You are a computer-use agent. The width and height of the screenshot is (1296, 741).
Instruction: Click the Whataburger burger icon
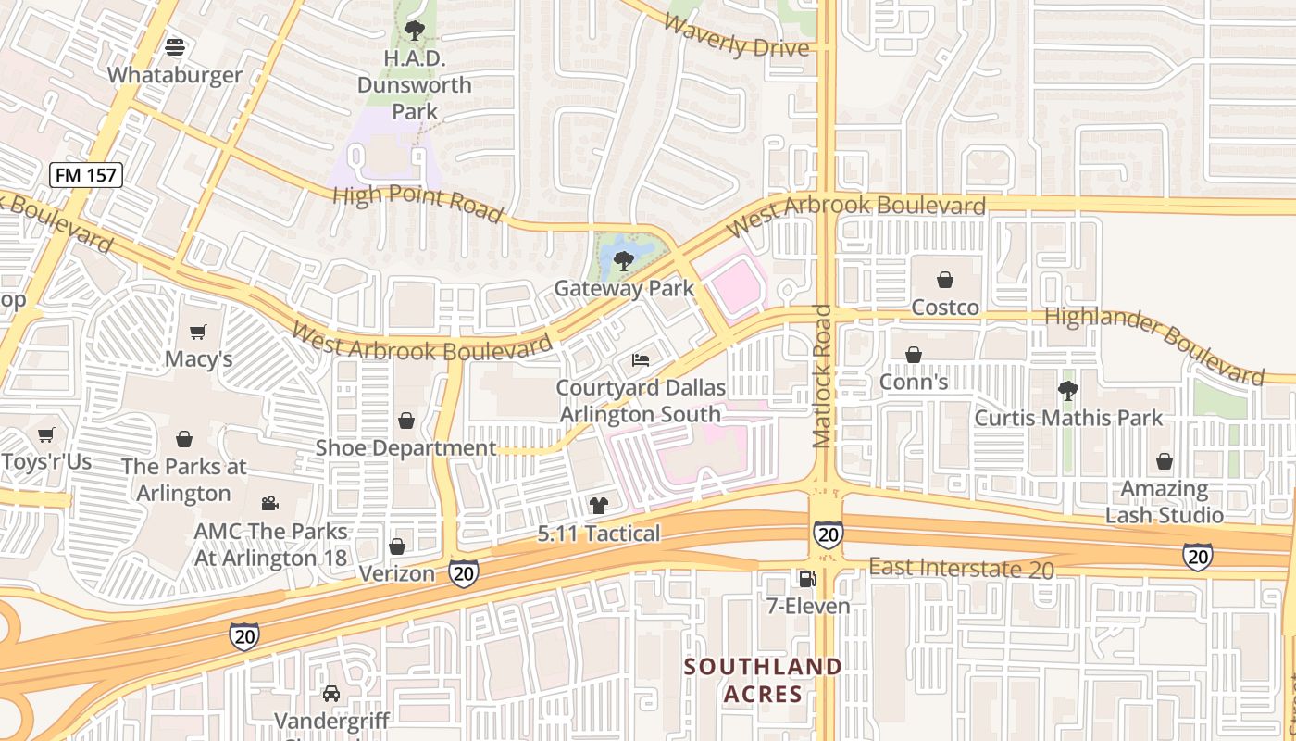click(x=175, y=46)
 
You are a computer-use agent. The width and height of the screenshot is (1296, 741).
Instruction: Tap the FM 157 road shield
click(x=86, y=174)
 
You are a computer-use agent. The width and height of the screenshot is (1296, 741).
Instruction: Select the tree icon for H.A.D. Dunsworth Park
click(x=414, y=31)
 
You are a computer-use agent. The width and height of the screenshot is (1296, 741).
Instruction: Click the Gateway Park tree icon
click(x=624, y=260)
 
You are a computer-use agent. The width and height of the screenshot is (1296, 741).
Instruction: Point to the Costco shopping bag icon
click(x=944, y=279)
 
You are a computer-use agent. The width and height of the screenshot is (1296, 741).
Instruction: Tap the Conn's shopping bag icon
click(x=913, y=355)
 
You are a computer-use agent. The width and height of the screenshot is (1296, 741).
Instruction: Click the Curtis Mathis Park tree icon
click(x=1068, y=391)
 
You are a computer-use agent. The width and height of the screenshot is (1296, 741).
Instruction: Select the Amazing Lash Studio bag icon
click(x=1164, y=461)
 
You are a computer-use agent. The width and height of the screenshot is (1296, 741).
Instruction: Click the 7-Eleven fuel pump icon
click(x=807, y=579)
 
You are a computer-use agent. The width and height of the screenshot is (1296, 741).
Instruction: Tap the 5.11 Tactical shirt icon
click(x=599, y=506)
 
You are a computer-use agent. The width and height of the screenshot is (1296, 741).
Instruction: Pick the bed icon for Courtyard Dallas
click(x=641, y=359)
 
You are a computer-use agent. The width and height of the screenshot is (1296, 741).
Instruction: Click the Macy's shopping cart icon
click(x=198, y=332)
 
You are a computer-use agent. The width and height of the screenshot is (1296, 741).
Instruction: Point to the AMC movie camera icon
click(x=269, y=503)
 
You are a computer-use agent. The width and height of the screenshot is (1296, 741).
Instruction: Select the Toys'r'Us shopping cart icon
click(x=45, y=434)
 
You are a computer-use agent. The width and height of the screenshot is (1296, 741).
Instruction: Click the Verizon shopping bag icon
click(x=397, y=546)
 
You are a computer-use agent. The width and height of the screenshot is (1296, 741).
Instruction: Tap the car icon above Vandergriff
click(x=331, y=693)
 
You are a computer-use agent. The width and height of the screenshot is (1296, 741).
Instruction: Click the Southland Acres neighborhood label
click(x=764, y=680)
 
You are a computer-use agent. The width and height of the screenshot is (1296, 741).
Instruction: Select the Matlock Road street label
click(x=822, y=375)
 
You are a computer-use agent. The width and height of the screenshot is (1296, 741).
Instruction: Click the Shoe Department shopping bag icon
click(x=405, y=421)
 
